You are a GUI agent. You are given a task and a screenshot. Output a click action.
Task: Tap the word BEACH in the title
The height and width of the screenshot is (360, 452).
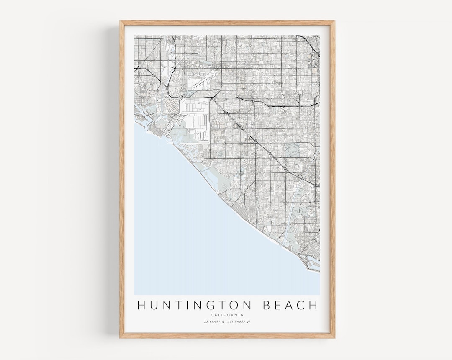click(290, 306)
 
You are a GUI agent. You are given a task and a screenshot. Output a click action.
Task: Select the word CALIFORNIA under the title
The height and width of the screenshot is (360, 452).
click(227, 315)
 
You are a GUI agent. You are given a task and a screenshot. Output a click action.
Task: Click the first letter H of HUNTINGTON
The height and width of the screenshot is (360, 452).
click(141, 306)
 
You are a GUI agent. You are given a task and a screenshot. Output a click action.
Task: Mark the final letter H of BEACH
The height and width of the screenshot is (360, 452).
click(313, 306)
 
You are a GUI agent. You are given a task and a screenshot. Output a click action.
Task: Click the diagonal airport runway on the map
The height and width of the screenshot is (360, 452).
click(204, 79)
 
